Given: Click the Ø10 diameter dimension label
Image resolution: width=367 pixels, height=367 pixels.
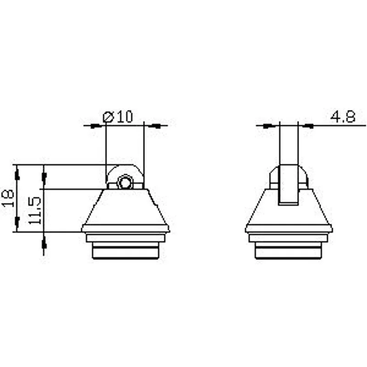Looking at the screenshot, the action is click(118, 117).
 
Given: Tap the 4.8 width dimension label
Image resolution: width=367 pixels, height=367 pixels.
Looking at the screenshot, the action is click(343, 117).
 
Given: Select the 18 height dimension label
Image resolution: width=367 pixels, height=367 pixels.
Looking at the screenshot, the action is click(8, 199).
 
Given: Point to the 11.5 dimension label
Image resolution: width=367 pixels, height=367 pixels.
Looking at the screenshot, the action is click(35, 211).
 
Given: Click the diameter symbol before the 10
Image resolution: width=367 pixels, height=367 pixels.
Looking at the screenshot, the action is click(108, 117).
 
